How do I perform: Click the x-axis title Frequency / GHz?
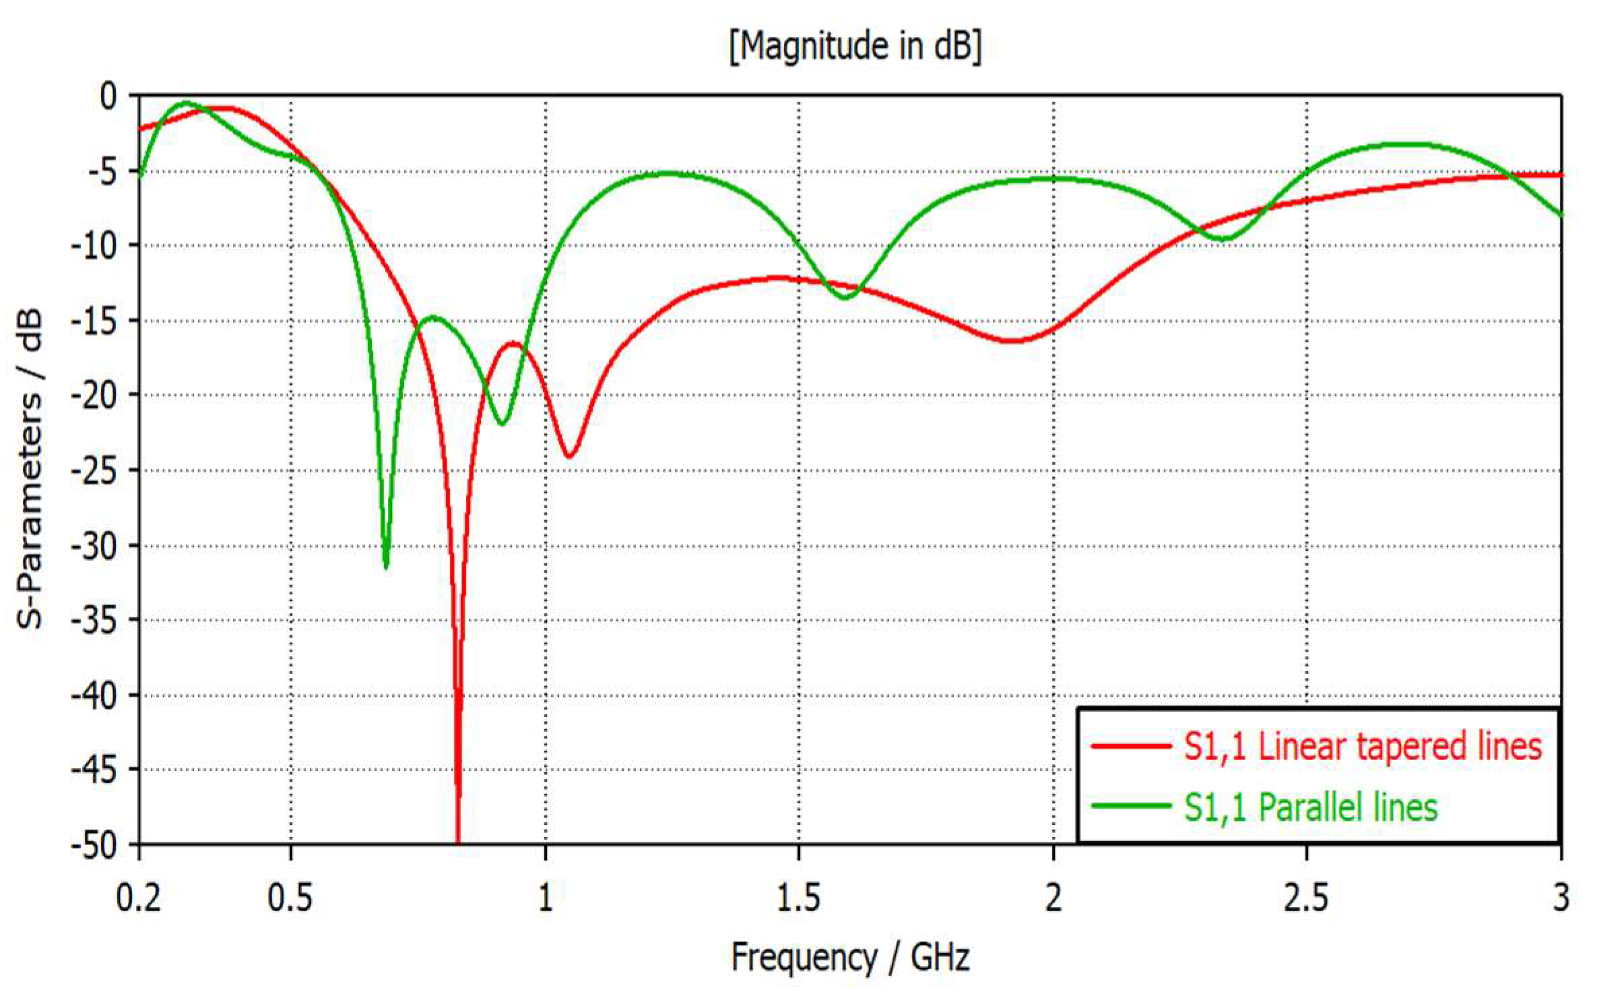(x=850, y=958)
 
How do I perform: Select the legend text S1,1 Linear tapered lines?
(x=1363, y=747)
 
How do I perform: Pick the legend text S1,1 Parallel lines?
(x=1311, y=807)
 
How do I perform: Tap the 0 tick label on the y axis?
(x=108, y=96)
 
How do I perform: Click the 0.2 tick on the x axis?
(x=139, y=898)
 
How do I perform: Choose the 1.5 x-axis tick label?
(x=799, y=898)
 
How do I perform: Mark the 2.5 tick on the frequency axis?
(x=1307, y=898)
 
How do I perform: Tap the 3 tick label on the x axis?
(x=1561, y=898)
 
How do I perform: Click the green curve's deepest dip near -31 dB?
(x=386, y=565)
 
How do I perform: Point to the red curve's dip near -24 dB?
(x=569, y=456)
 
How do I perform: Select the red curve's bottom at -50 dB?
(x=458, y=841)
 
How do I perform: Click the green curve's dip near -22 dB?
(x=502, y=423)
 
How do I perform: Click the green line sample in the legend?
(x=1130, y=806)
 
